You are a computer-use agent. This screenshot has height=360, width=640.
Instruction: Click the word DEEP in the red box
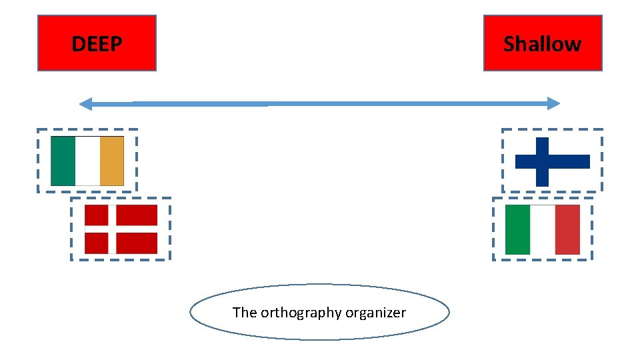97,44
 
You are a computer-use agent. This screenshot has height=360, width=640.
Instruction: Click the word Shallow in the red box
542,44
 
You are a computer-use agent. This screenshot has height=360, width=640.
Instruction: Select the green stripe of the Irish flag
63,161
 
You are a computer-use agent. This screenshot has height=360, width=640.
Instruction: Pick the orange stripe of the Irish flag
112,161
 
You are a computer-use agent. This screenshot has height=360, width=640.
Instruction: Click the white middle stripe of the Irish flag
87,161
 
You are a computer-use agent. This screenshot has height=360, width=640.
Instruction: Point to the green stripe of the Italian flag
517,229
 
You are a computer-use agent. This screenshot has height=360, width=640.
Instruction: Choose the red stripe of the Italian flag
567,229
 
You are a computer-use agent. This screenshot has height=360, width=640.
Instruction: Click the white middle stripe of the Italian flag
542,229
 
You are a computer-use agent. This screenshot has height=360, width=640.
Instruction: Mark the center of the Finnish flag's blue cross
542,161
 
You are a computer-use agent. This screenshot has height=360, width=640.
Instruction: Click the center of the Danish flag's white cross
112,229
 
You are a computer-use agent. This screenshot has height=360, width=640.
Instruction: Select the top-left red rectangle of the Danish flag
96,215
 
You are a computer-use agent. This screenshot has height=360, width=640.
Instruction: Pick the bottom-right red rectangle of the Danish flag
137,243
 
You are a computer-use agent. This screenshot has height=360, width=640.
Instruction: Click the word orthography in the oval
292,313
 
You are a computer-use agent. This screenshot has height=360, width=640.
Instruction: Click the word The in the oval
244,312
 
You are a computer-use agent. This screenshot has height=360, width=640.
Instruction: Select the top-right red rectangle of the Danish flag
137,215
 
